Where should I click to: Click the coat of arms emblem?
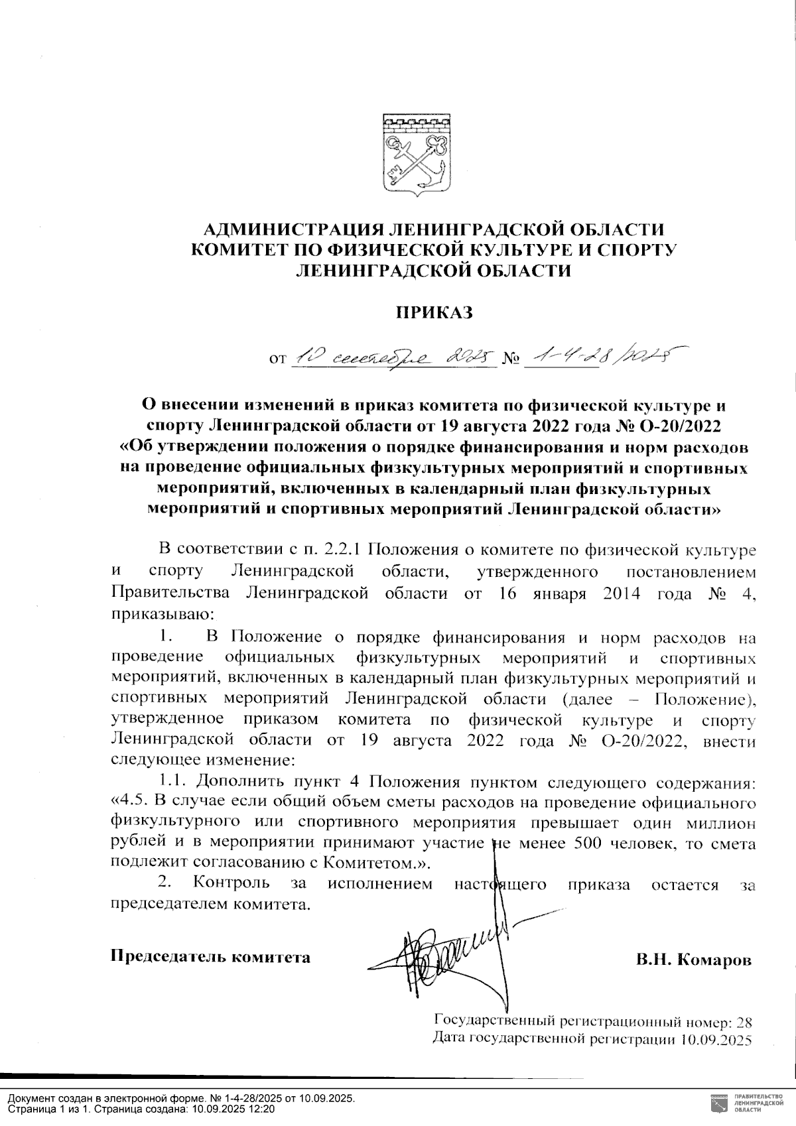click(x=416, y=156)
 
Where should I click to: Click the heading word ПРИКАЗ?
click(x=434, y=312)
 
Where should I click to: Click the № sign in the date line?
click(x=511, y=360)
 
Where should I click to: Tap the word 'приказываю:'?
click(x=163, y=614)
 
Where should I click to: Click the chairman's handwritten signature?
click(x=451, y=955)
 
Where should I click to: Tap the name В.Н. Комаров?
click(x=693, y=960)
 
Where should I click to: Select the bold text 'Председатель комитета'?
click(x=210, y=956)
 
